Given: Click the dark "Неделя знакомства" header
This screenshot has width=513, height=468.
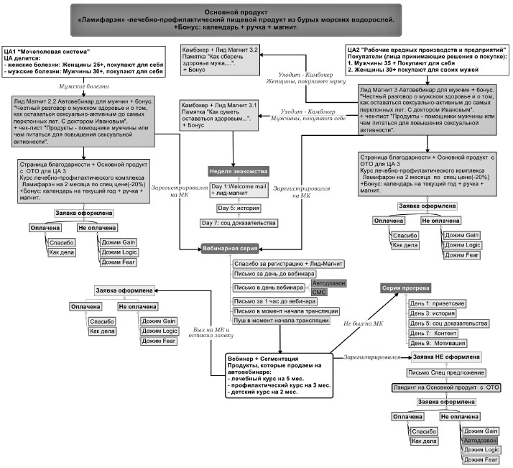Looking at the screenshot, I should (x=239, y=173).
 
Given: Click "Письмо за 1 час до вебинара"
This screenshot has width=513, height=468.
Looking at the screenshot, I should (x=274, y=301).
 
